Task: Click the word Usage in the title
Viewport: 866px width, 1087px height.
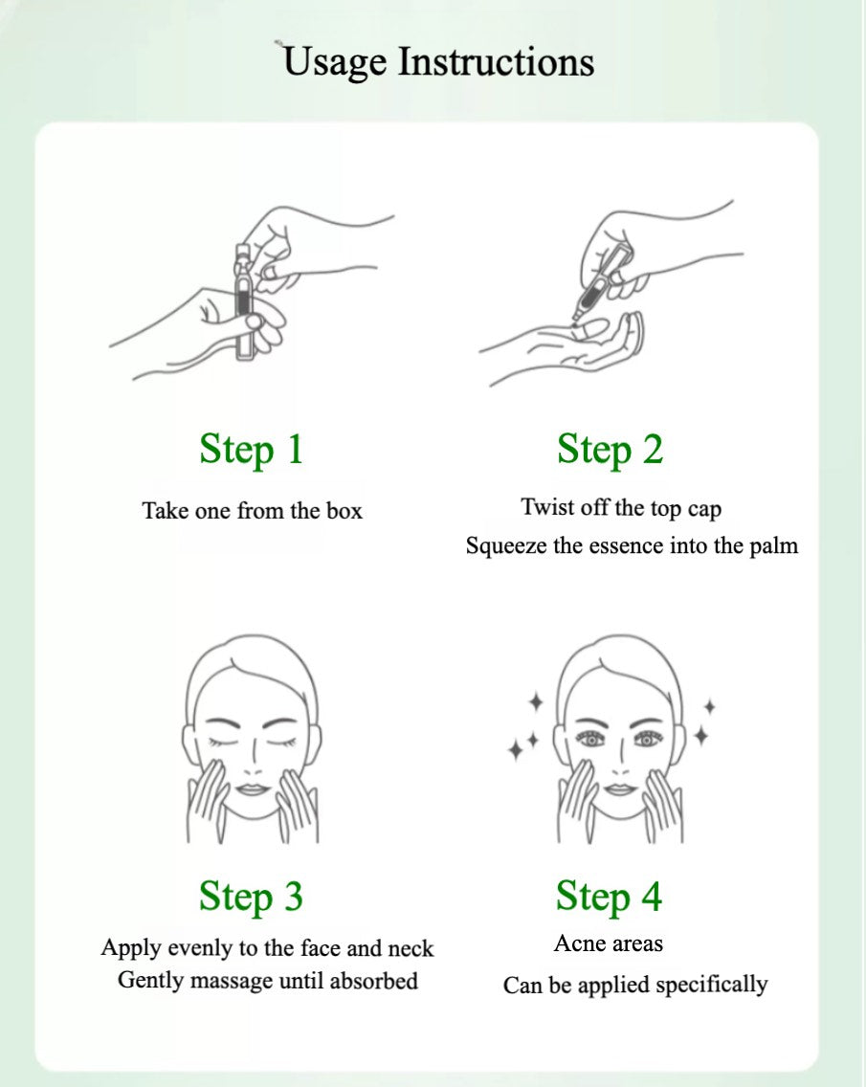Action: (x=334, y=62)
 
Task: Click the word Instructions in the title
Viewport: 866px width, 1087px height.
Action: (x=497, y=60)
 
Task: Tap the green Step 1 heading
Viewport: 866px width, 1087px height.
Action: (x=252, y=449)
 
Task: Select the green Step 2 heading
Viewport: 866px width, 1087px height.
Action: (x=611, y=449)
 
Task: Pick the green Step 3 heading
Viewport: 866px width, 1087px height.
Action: (x=251, y=896)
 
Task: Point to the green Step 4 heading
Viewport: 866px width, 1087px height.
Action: (x=609, y=896)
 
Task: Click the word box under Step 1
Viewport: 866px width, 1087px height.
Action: (x=344, y=511)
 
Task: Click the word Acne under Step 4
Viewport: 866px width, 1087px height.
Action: (x=577, y=943)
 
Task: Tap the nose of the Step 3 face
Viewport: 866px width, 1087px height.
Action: (x=253, y=759)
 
